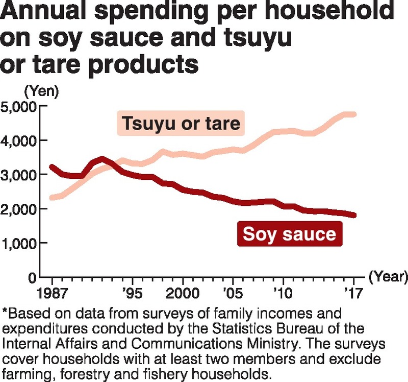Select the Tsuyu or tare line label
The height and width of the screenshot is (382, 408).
pos(181,124)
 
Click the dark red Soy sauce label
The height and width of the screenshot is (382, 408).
pos(289,234)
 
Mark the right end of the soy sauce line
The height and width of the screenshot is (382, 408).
pos(353,215)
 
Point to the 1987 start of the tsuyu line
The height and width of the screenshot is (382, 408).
pos(53,198)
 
